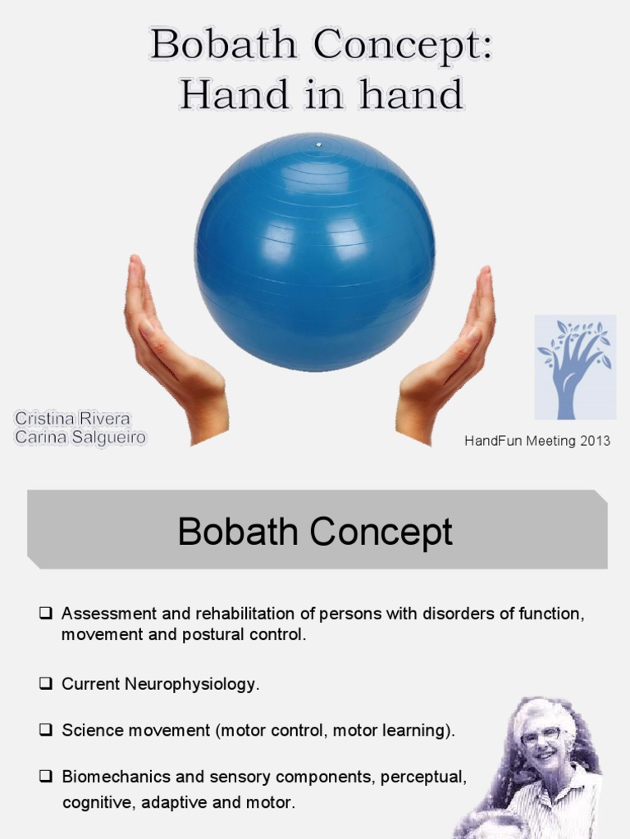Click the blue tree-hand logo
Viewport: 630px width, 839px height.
[575, 366]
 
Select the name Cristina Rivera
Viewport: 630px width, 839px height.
[72, 419]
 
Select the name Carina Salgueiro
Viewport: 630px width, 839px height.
[80, 438]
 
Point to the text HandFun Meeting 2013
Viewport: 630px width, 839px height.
[537, 441]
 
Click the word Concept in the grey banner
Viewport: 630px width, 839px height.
[381, 532]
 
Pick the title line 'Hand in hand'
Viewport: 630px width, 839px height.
[322, 95]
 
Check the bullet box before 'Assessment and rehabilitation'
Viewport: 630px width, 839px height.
[46, 613]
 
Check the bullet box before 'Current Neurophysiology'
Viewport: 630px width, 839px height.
[46, 683]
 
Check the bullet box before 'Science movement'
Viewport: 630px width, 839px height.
[46, 730]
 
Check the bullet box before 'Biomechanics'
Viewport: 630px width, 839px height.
[46, 776]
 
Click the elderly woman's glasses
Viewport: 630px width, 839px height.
[541, 735]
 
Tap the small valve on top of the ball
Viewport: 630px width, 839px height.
[319, 145]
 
